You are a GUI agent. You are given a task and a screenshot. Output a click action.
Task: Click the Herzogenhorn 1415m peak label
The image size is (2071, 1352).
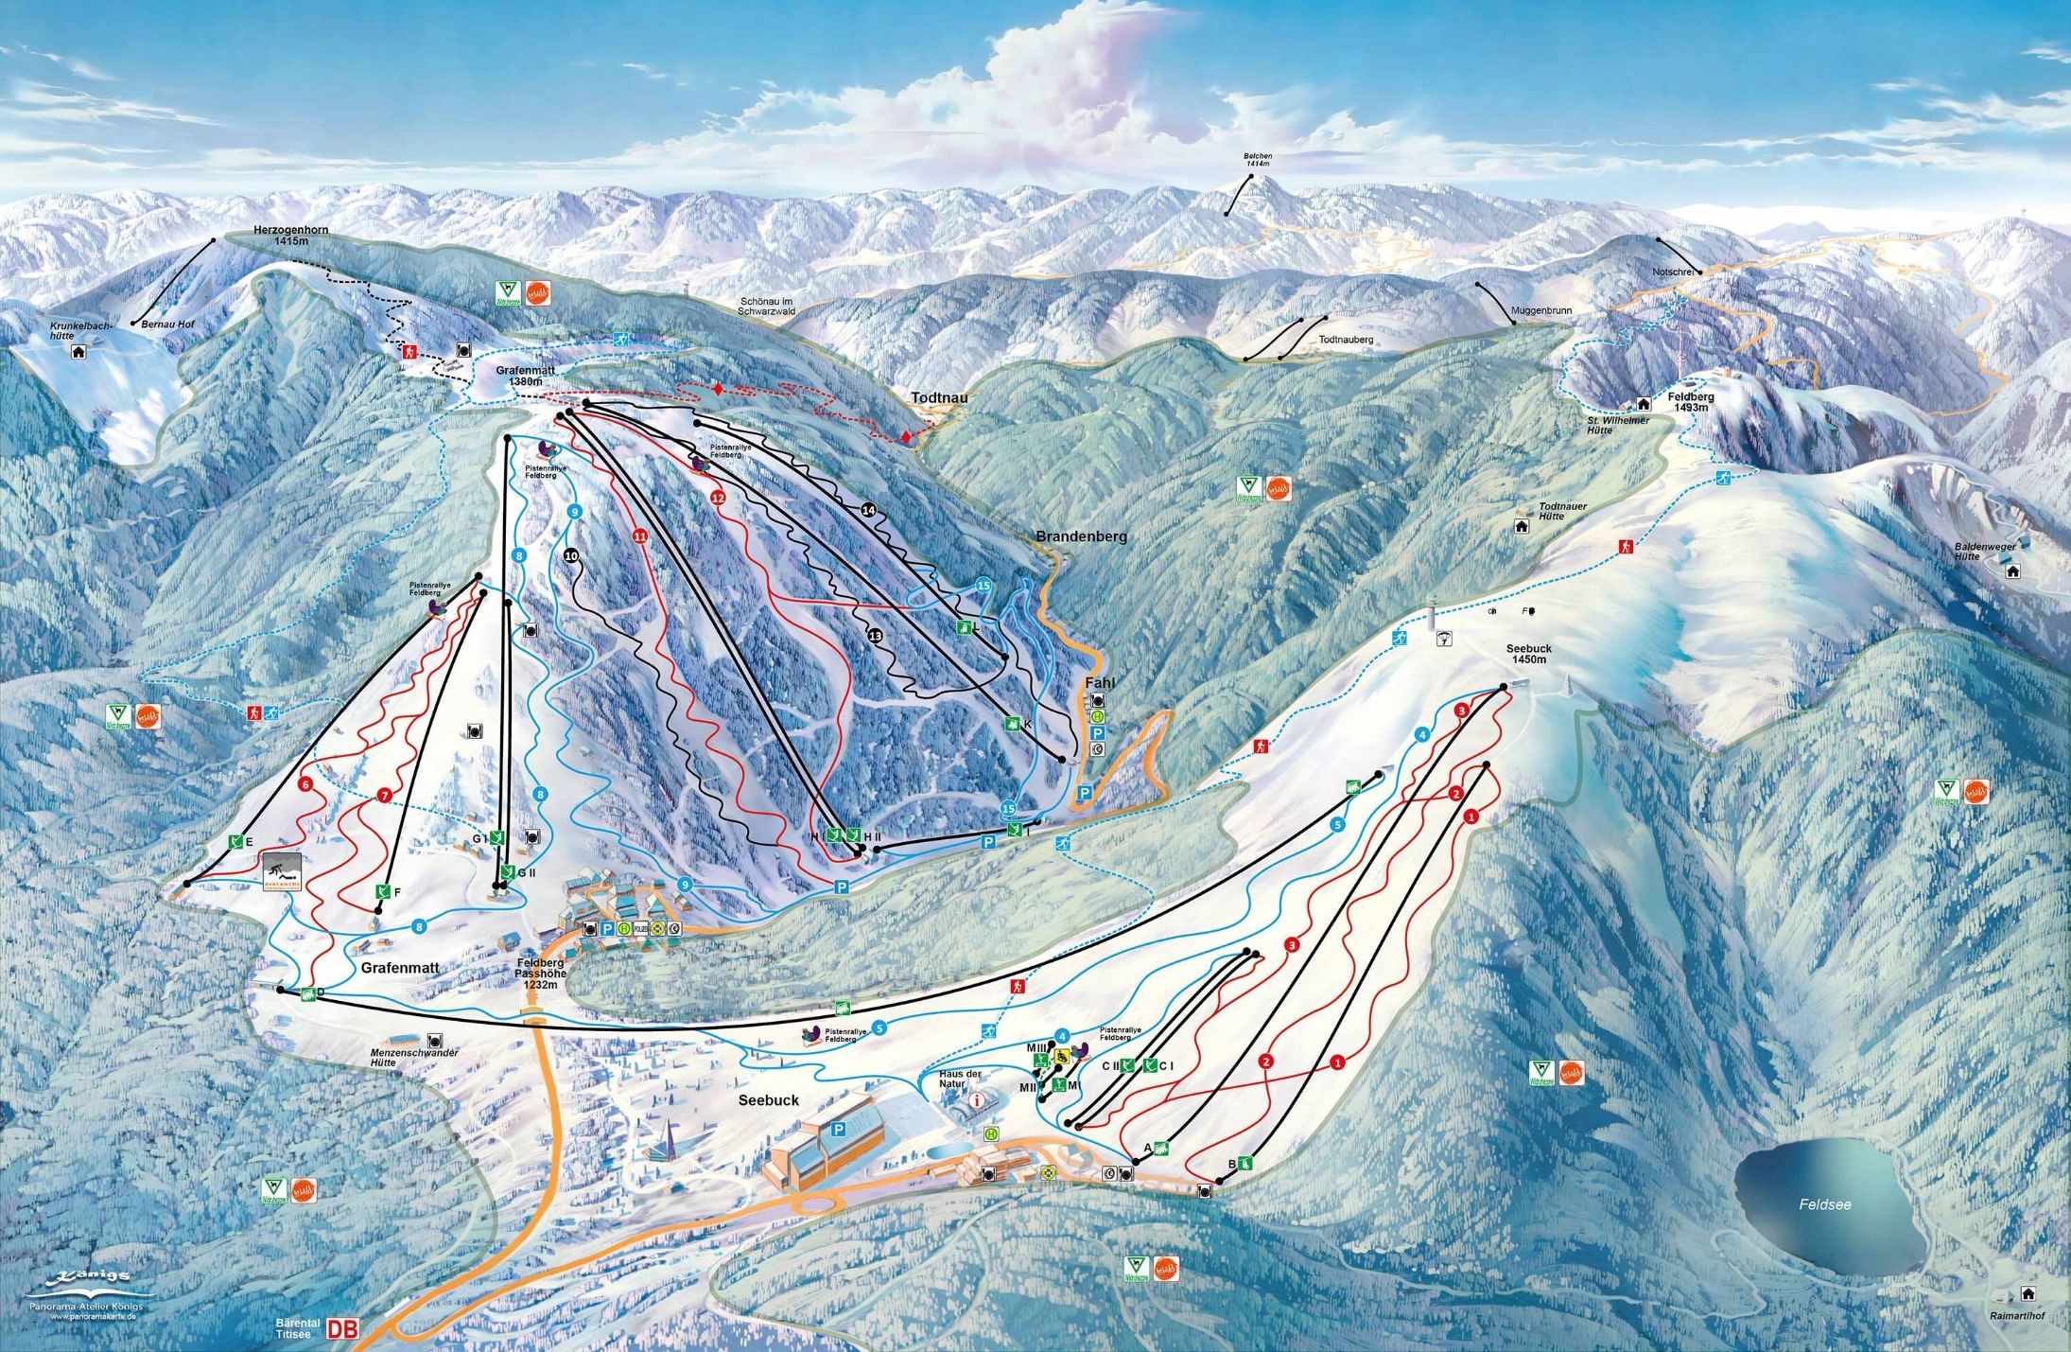click(282, 236)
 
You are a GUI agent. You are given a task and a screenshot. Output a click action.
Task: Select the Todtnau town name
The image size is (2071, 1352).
click(939, 398)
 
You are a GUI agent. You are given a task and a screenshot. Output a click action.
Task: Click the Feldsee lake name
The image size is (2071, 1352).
click(1824, 1204)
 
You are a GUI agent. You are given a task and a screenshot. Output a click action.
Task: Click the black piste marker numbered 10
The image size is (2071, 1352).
click(570, 555)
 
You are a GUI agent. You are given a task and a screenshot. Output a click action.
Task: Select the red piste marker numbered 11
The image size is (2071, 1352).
click(640, 536)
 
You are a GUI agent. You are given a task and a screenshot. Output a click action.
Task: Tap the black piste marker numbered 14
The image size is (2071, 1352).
click(869, 510)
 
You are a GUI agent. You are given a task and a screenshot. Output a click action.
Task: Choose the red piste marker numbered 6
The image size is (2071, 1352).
click(305, 783)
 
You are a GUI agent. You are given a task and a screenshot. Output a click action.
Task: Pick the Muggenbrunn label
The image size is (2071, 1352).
click(1540, 309)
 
